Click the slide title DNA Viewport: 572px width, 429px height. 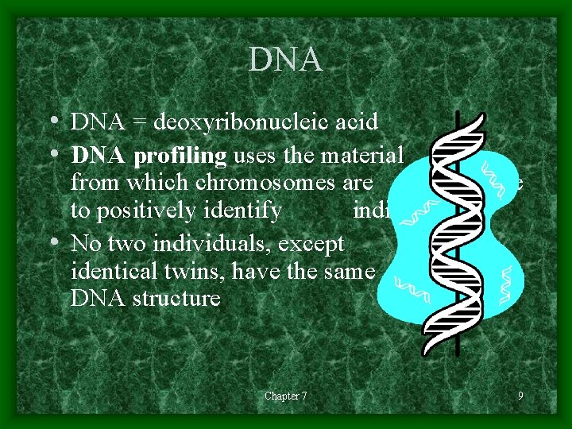[285, 60]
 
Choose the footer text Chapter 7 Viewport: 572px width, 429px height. [285, 396]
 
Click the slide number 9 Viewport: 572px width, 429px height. [520, 396]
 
